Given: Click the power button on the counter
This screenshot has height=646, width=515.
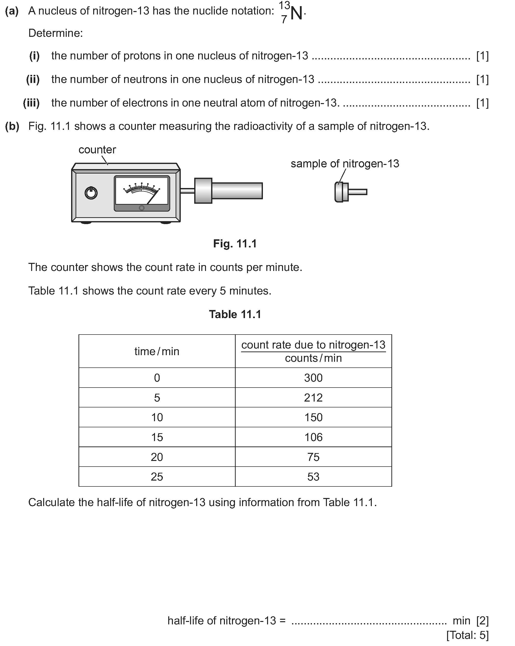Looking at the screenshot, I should pos(91,193).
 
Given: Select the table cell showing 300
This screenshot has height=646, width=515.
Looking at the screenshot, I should pos(313,378).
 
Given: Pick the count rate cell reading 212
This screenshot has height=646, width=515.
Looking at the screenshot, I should pos(313,398).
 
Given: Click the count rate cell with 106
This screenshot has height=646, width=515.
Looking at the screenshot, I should pos(313,437).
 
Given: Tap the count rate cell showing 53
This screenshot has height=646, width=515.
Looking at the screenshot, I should pos(313,477).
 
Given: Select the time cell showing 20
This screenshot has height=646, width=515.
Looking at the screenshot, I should pos(157,457).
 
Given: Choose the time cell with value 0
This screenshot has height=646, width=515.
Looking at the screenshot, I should pos(157,378).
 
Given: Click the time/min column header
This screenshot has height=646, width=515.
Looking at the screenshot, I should pos(157,351).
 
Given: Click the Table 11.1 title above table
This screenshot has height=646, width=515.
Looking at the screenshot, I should pos(235,314).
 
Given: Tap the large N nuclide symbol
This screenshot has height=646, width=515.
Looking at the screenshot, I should pos(296,13).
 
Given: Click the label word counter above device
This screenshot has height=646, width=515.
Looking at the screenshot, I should pos(97,149).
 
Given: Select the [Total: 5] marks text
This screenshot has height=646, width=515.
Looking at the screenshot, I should pos(467,635).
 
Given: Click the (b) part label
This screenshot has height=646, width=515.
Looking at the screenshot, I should pos(12,126).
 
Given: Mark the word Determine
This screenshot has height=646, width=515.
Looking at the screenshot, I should pos(55,33).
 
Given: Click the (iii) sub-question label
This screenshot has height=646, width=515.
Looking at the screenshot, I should pos(31,103).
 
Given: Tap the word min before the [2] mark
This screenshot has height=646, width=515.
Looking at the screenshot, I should pos(461,620).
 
